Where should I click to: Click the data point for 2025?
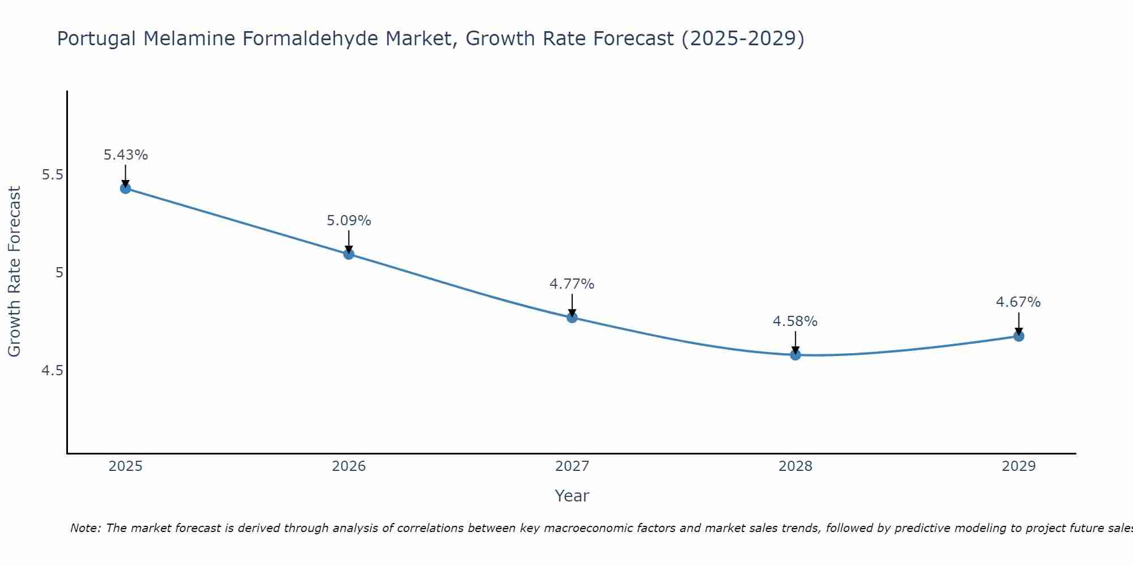(x=126, y=188)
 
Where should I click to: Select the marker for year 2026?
(x=349, y=254)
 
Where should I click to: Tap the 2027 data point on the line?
(x=572, y=318)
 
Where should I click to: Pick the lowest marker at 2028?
(x=795, y=355)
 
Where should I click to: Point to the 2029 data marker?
(x=1019, y=336)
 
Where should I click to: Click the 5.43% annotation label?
(x=126, y=155)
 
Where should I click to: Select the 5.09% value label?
(x=349, y=221)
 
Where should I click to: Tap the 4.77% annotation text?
(x=572, y=284)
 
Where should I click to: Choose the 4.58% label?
(x=795, y=321)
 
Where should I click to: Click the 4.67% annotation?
(x=1019, y=302)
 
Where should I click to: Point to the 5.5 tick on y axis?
(x=52, y=175)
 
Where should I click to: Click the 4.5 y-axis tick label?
(x=52, y=371)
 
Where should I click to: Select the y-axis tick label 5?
(x=59, y=273)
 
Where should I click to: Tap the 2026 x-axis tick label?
(x=349, y=466)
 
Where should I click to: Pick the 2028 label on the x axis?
(x=795, y=466)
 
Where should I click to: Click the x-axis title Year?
(x=572, y=496)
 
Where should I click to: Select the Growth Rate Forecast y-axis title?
(x=15, y=272)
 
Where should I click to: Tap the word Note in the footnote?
(x=85, y=528)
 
